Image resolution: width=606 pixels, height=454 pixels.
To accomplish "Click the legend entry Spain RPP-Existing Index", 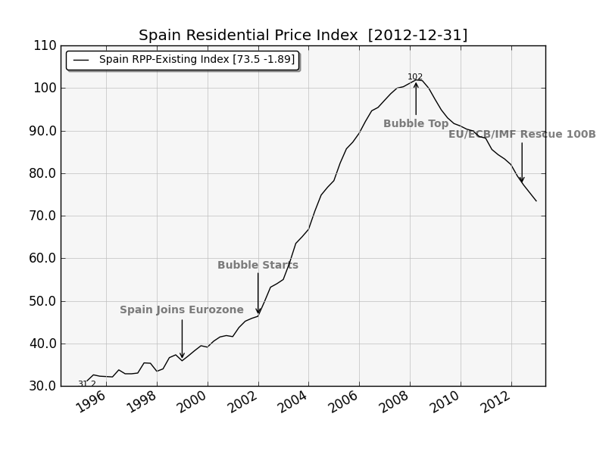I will pos(196,60).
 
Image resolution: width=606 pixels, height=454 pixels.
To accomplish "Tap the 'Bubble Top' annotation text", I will pos(416,124).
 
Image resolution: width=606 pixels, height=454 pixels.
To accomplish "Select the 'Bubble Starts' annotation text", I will pos(258,266).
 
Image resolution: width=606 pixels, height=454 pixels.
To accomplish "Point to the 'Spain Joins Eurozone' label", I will pos(182,310).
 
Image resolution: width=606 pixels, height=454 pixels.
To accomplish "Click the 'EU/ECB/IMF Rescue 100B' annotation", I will pos(522,135).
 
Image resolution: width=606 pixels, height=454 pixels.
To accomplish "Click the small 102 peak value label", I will pos(415,77).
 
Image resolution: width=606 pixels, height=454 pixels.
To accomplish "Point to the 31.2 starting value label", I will pos(87,384).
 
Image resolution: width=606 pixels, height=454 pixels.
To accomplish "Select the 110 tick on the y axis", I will pos(45,45).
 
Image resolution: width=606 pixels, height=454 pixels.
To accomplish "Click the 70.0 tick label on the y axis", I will pos(42,216).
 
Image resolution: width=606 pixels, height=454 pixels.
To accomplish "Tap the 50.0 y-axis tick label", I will pos(42,301).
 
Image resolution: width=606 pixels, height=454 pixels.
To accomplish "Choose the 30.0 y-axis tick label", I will pos(42,386).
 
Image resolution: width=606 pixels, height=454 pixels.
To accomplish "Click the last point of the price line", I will pos(536,201).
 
